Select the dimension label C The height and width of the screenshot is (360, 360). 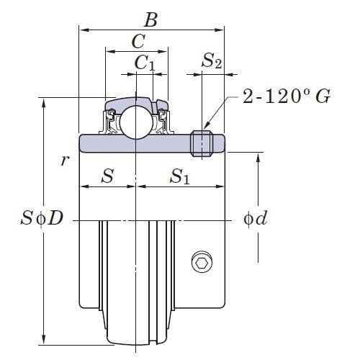pos(137,42)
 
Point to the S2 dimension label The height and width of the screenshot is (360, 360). pos(211,63)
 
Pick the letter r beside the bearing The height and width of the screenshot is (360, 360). pos(64,160)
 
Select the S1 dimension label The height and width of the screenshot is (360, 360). pos(180,176)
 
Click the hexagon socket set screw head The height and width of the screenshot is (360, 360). pos(202,264)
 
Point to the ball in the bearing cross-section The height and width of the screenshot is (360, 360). pos(135,122)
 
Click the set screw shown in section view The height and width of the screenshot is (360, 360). pos(202,143)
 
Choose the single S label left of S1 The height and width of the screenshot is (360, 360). pos(107,176)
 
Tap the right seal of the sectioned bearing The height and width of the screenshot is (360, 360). pos(160,122)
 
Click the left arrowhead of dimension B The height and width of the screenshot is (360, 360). pos(82,30)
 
